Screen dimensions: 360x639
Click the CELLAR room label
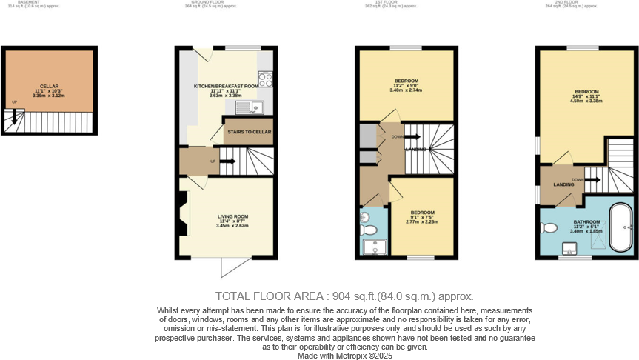pyautogui.click(x=49, y=86)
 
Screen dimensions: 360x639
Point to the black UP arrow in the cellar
pyautogui.click(x=13, y=116)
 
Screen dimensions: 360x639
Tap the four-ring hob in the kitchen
pyautogui.click(x=265, y=79)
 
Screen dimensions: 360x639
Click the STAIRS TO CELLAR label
pyautogui.click(x=250, y=132)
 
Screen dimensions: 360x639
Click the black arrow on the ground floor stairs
pyautogui.click(x=228, y=161)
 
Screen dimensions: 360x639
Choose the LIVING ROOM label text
pyautogui.click(x=232, y=216)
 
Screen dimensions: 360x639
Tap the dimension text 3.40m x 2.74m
pyautogui.click(x=407, y=90)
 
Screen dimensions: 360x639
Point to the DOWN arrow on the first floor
pyautogui.click(x=412, y=136)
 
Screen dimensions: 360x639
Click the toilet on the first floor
pyautogui.click(x=367, y=230)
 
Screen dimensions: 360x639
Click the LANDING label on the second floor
pyautogui.click(x=563, y=184)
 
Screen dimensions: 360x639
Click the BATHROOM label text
pyautogui.click(x=587, y=221)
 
